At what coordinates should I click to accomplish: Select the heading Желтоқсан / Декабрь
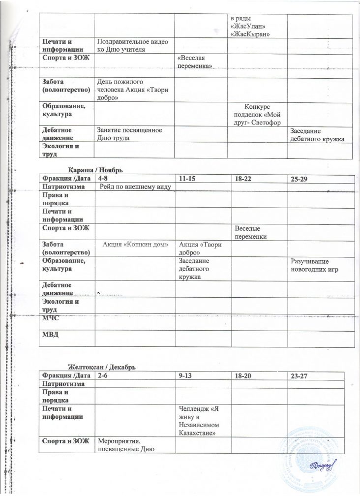coord(102,368)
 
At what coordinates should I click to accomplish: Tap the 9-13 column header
coord(187,375)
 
